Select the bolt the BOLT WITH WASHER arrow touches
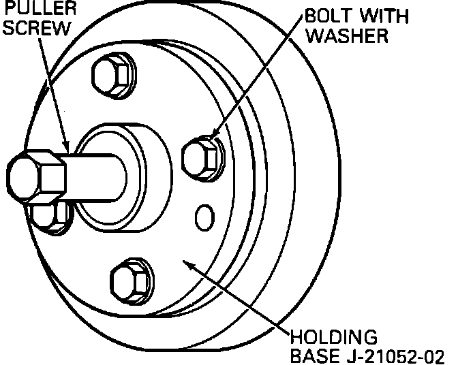(x=202, y=158)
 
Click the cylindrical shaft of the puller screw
(x=95, y=176)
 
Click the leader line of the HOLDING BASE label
(x=239, y=300)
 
